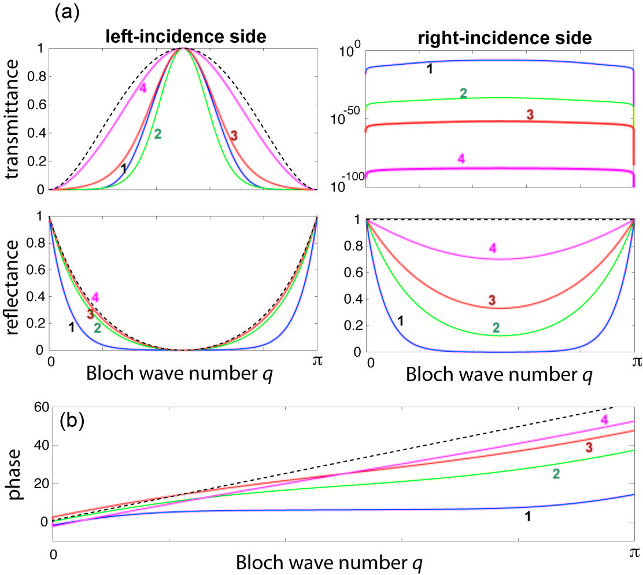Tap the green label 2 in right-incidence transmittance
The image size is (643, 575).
pos(463,94)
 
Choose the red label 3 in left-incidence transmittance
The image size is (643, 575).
pos(234,135)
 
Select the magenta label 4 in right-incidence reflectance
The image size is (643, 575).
pos(493,248)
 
